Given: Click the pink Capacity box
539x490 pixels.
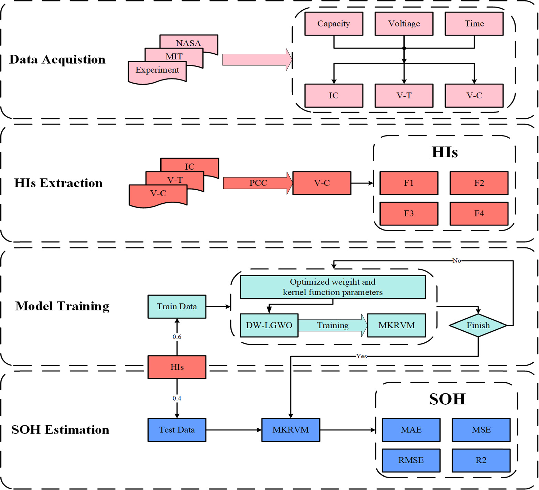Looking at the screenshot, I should [334, 24].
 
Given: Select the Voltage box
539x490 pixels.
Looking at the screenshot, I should [404, 24].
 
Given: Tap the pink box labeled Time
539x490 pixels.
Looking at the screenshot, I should [474, 24].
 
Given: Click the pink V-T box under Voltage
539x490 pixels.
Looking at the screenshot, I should [404, 96].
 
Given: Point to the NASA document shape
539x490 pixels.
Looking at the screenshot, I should [189, 42].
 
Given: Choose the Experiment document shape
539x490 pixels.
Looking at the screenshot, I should [157, 71].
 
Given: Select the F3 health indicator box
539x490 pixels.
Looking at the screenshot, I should [409, 214].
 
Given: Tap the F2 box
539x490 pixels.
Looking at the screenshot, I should [479, 183].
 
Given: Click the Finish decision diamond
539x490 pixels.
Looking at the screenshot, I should [478, 325].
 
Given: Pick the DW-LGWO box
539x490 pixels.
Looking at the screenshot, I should [269, 325].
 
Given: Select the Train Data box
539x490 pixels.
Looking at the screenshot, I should [177, 307].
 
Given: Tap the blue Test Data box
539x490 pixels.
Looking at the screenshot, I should [177, 430].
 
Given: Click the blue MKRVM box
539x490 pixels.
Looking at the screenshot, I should [291, 430].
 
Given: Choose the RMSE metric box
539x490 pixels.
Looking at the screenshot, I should [411, 460].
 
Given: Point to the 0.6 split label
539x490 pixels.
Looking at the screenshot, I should [177, 337].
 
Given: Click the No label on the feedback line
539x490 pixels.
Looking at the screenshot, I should [456, 261].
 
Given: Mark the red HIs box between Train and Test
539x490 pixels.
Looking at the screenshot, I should [177, 367].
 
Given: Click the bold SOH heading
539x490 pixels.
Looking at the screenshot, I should [447, 399].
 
